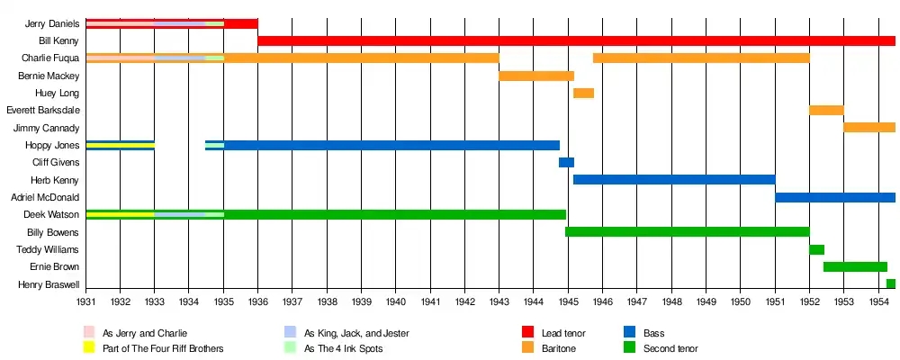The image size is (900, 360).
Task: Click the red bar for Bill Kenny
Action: click(x=576, y=40)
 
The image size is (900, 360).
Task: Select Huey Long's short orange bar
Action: click(x=583, y=93)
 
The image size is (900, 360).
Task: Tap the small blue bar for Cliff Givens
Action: click(x=566, y=163)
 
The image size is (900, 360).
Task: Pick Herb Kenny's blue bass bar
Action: click(x=674, y=180)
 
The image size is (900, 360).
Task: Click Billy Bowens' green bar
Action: click(x=687, y=232)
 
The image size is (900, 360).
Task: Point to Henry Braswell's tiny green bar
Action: click(x=891, y=284)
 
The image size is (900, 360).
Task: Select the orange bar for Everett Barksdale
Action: click(x=826, y=110)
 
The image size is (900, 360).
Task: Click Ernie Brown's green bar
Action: click(x=855, y=267)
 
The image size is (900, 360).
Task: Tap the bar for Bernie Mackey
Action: click(x=536, y=76)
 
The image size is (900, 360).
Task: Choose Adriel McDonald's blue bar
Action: click(x=835, y=197)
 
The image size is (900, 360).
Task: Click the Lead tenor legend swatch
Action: click(x=527, y=333)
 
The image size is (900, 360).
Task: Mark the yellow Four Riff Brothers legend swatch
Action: click(x=89, y=348)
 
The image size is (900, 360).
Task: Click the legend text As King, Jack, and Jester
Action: click(x=356, y=333)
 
